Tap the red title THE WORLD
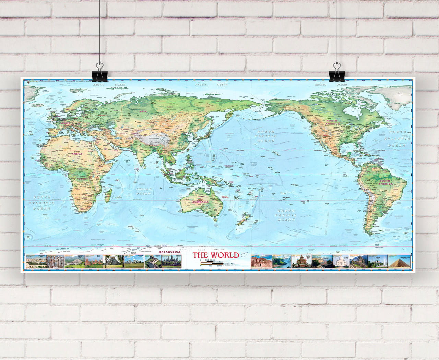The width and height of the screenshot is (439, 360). coord(215,255)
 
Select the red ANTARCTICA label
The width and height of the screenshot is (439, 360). coord(169,252)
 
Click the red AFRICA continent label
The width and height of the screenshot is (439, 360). coord(77,154)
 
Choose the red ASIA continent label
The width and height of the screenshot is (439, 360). coord(143,112)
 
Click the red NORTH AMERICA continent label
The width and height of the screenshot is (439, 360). coord(331,123)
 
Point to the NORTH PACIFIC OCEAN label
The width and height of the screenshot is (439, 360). coord(266,136)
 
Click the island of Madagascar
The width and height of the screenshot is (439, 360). coord(108,195)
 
